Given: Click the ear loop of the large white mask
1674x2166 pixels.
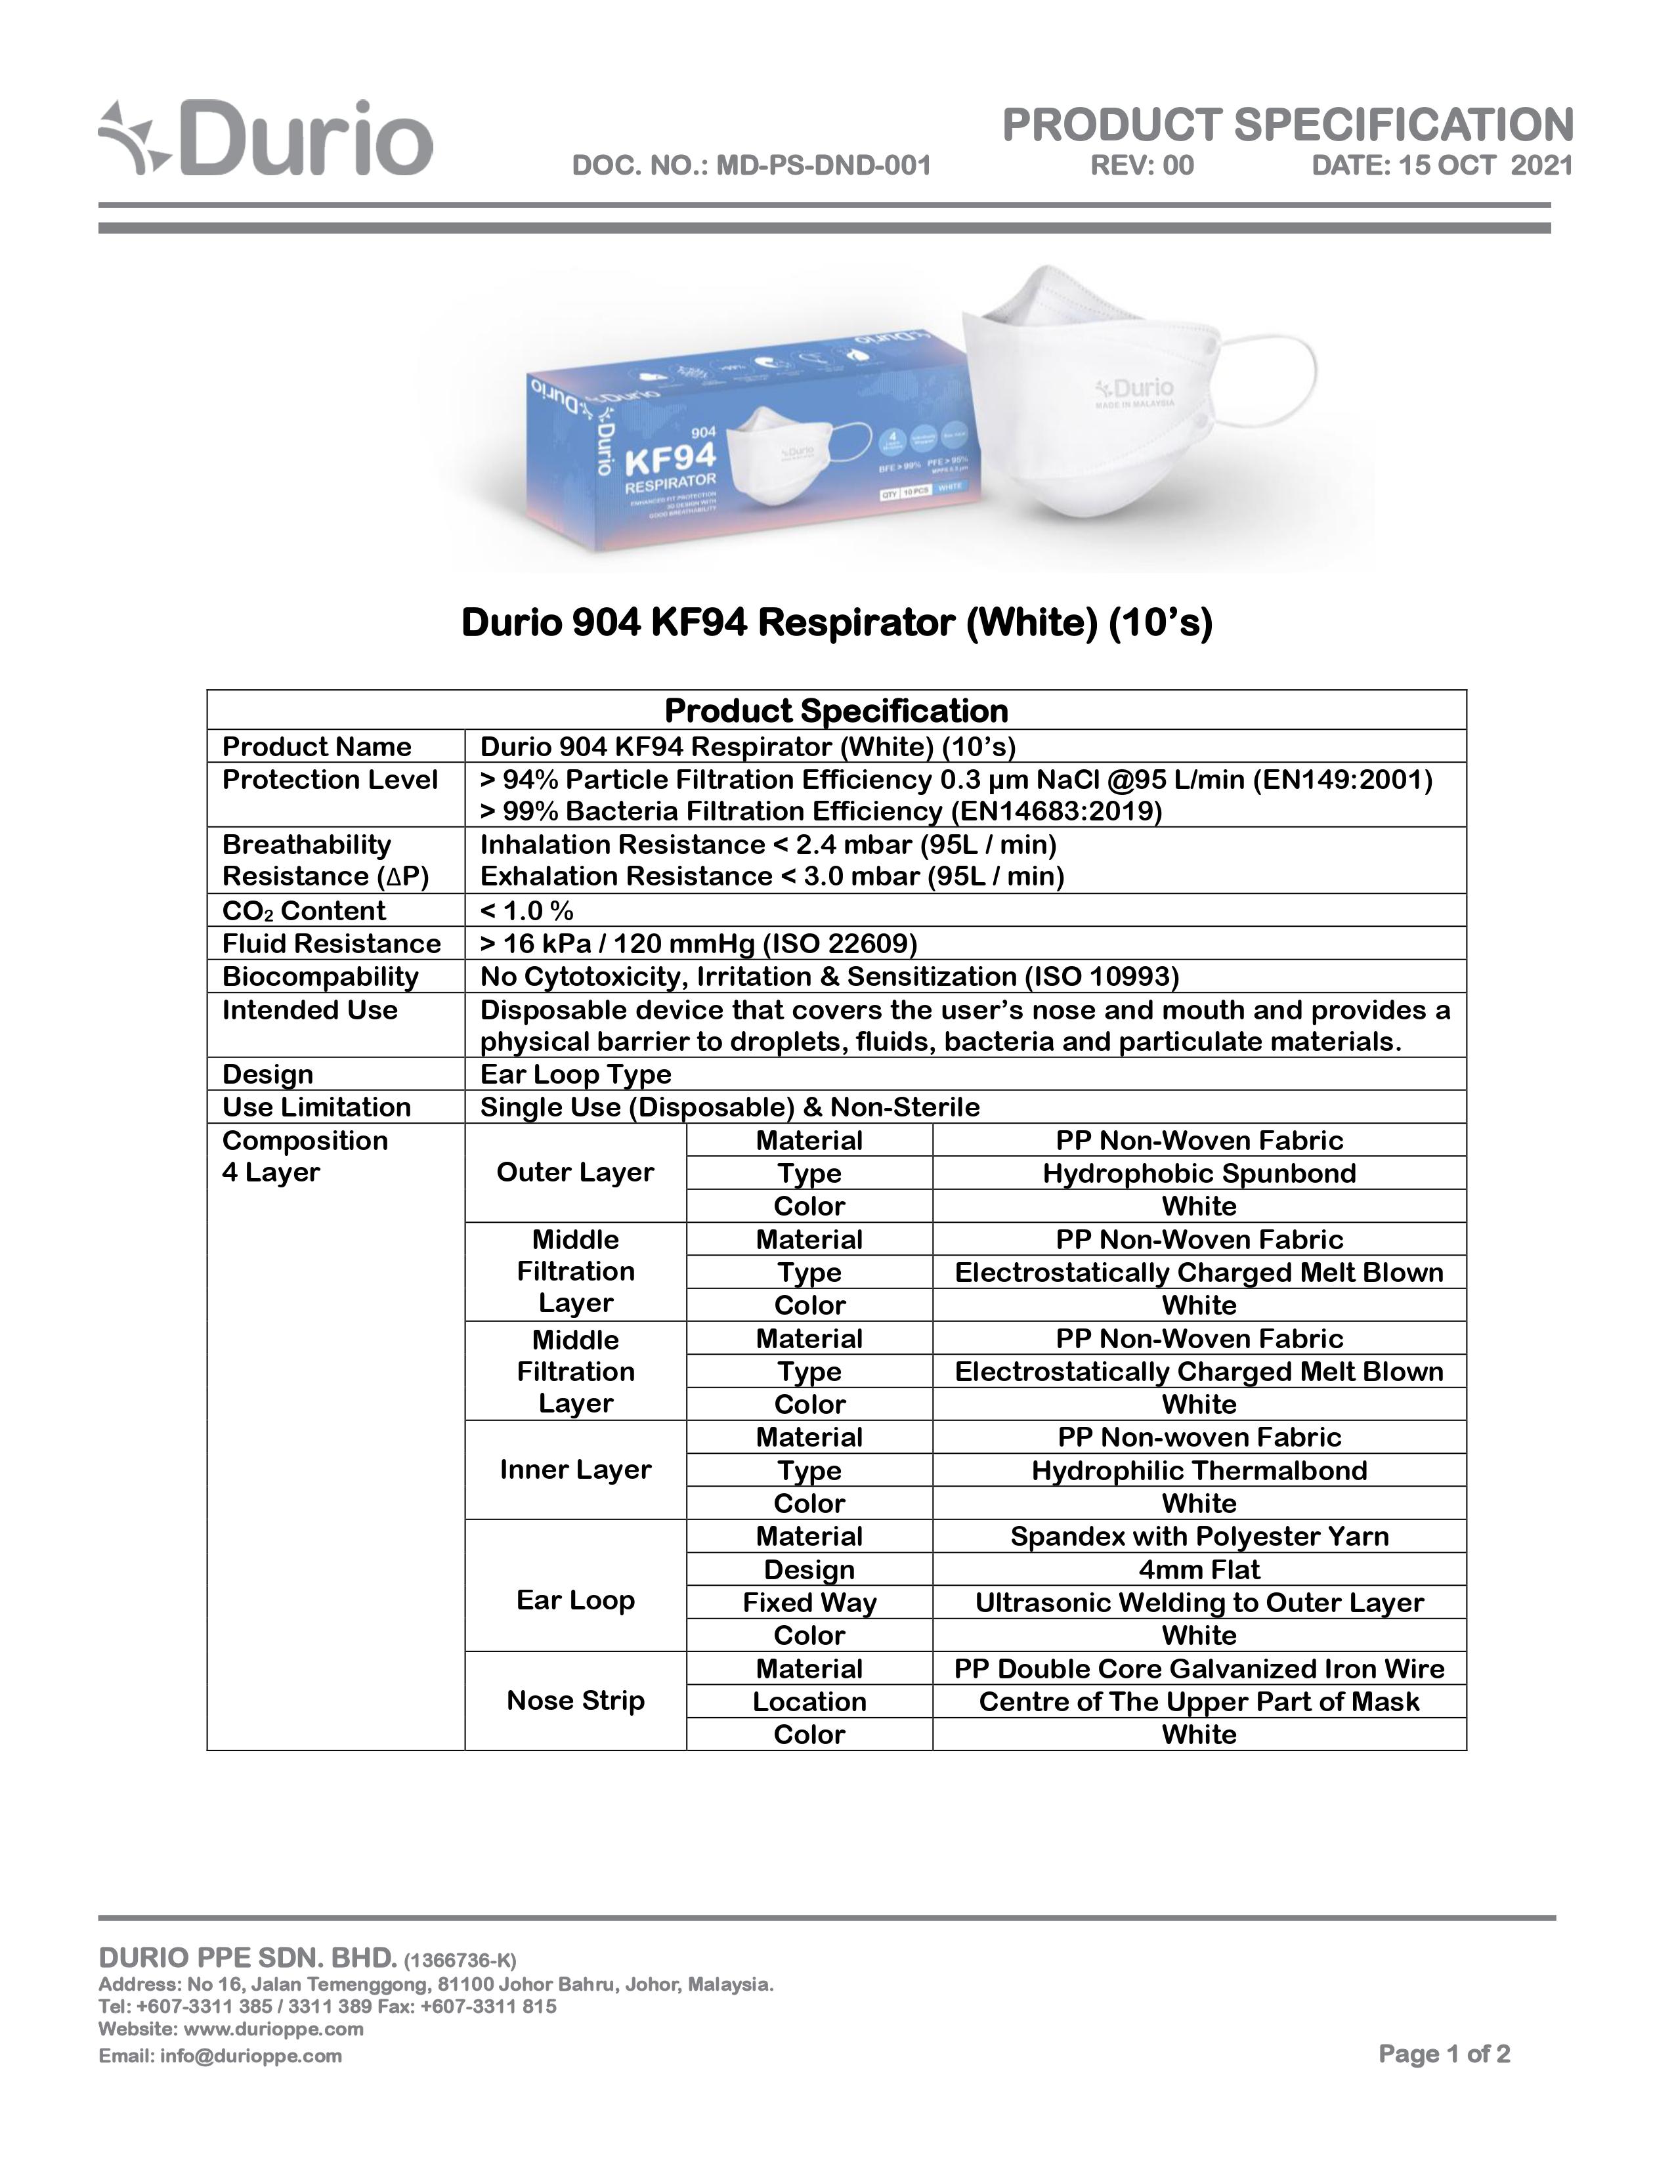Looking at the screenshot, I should coord(1274,382).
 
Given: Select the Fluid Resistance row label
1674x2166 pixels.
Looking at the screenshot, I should coord(332,943).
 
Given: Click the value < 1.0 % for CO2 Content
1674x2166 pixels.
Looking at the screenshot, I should coord(526,910).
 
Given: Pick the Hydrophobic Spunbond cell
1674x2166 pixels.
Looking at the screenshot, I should coord(1198,1174).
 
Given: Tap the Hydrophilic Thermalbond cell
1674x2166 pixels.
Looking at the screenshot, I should coord(1198,1471).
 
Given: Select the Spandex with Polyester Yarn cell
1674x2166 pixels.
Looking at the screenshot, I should coord(1198,1537).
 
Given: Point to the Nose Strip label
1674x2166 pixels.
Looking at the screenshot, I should coord(575,1701).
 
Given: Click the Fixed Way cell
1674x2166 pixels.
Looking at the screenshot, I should coord(809,1603).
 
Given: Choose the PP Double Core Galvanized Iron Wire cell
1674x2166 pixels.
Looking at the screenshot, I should coord(1198,1668).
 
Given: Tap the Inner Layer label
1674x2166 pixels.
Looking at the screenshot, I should coord(575,1470).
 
